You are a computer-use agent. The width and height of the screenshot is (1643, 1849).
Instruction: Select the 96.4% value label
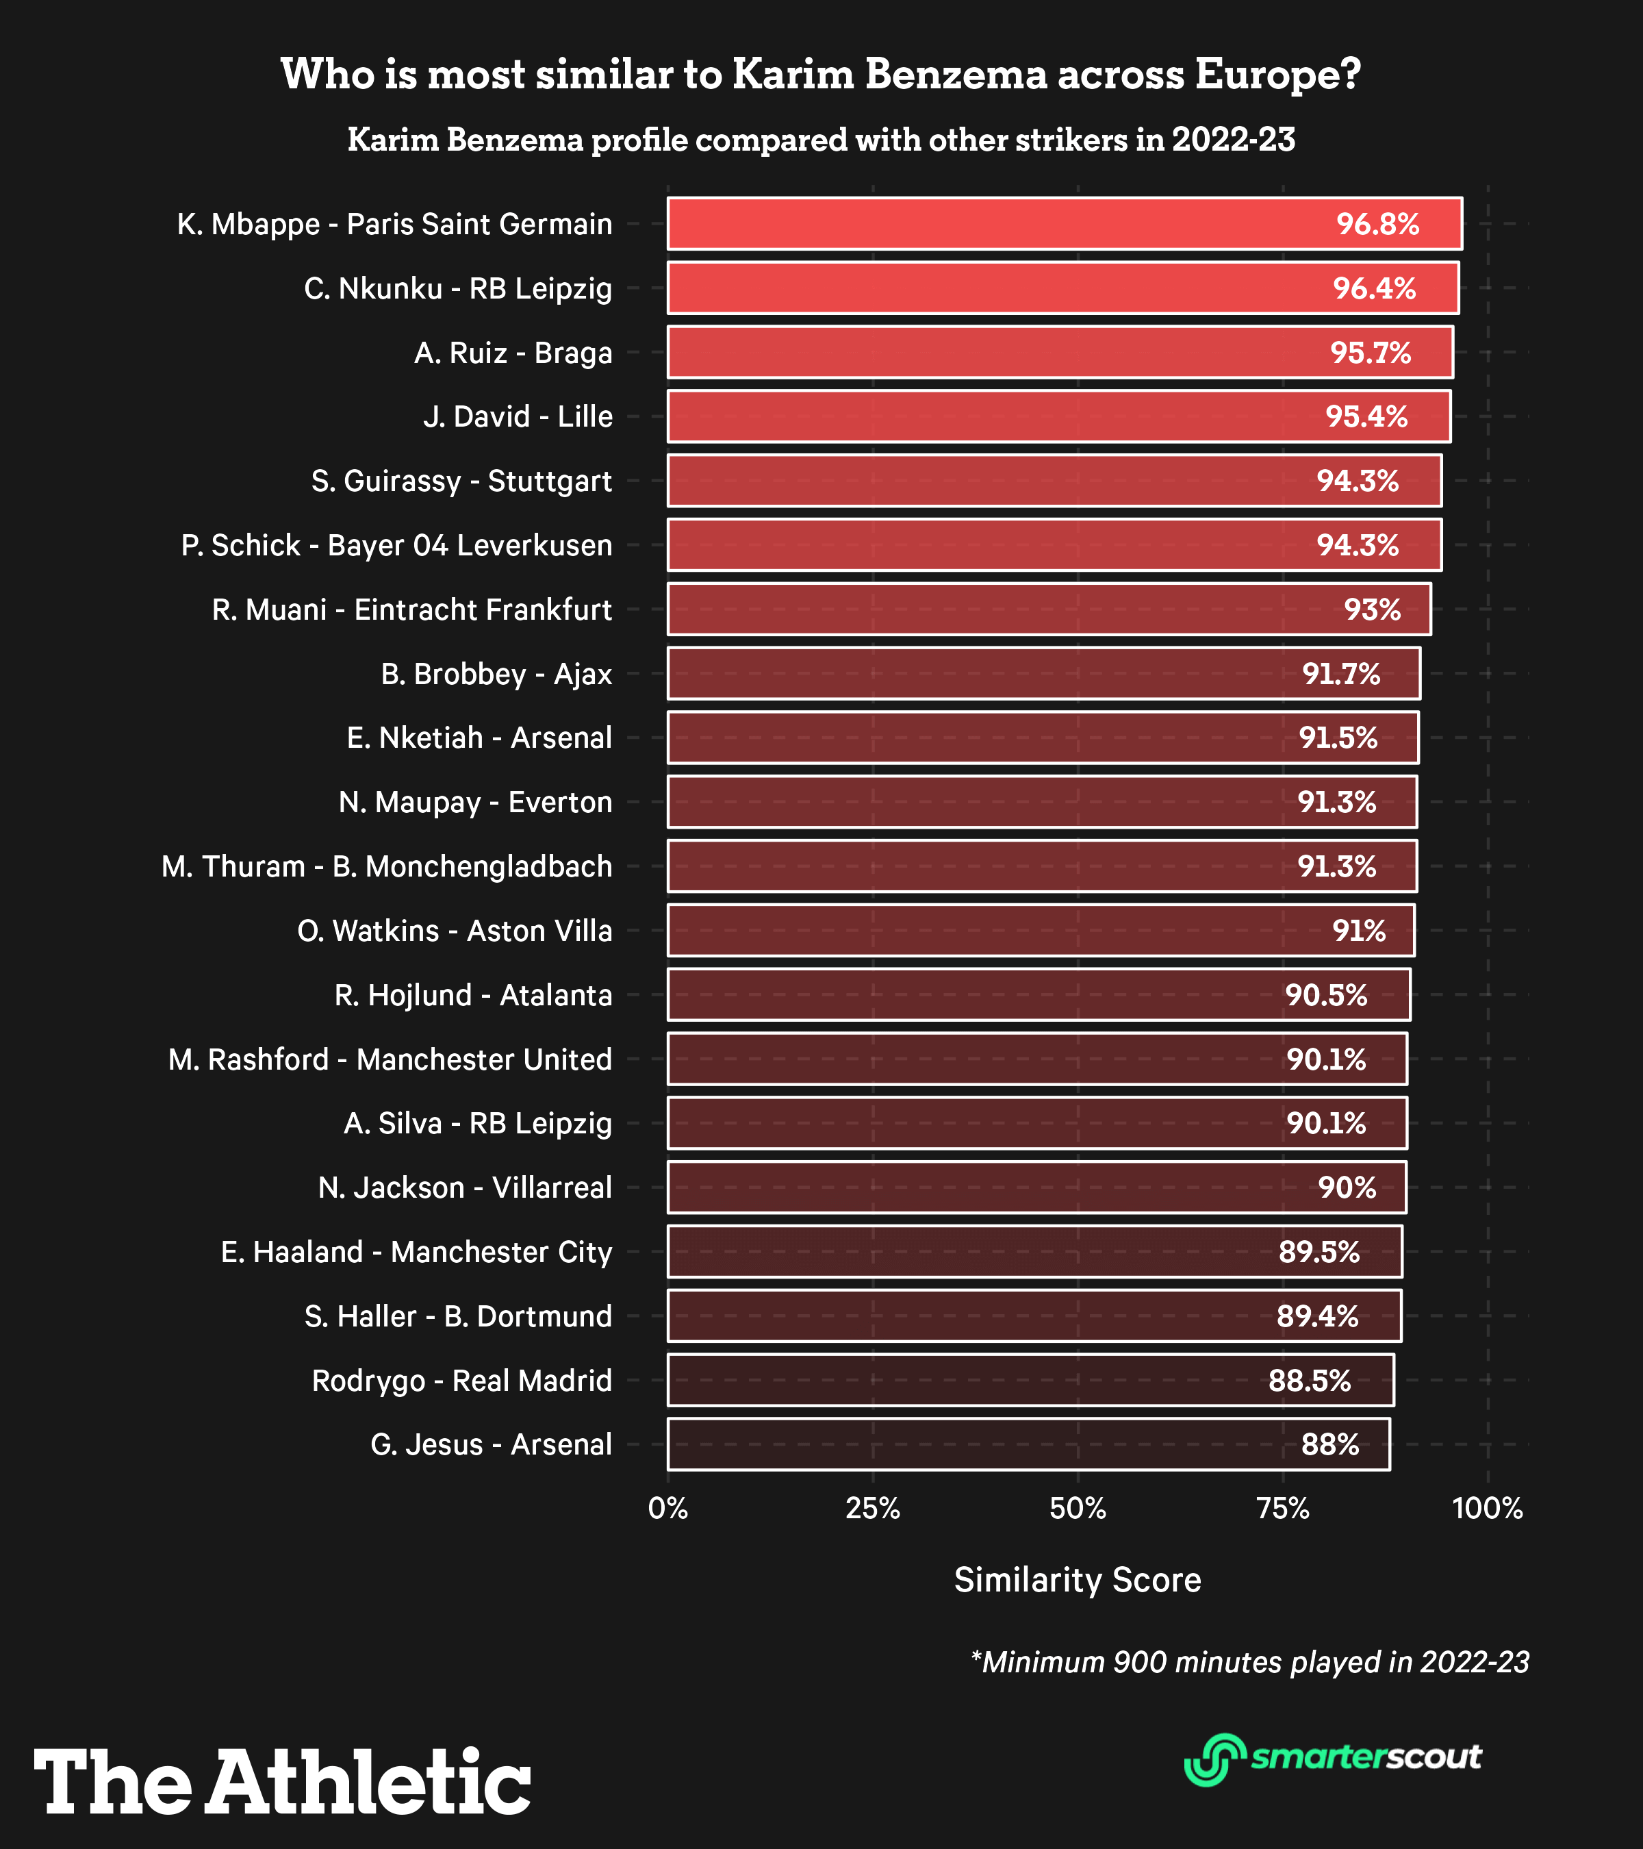coord(1373,288)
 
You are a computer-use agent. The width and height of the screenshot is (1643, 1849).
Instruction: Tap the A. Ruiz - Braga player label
coord(513,353)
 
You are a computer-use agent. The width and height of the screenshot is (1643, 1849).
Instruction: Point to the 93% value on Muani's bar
coord(1372,609)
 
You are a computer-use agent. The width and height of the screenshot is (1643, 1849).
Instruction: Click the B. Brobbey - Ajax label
coord(496,674)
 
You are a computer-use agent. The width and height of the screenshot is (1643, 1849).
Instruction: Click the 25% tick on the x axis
coord(873,1509)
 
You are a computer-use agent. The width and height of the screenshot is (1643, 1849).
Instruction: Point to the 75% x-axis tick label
coord(1283,1509)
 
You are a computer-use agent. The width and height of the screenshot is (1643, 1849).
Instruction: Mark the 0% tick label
coord(668,1509)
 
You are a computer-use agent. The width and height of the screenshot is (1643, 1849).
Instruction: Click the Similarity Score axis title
coord(1077,1579)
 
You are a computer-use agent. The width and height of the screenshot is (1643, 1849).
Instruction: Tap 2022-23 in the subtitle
coord(1234,140)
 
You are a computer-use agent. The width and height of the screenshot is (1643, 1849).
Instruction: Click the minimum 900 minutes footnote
coord(1249,1662)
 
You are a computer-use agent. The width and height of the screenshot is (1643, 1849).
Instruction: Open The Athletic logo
coord(282,1782)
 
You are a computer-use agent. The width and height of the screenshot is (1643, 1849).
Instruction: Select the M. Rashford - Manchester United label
coord(390,1059)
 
